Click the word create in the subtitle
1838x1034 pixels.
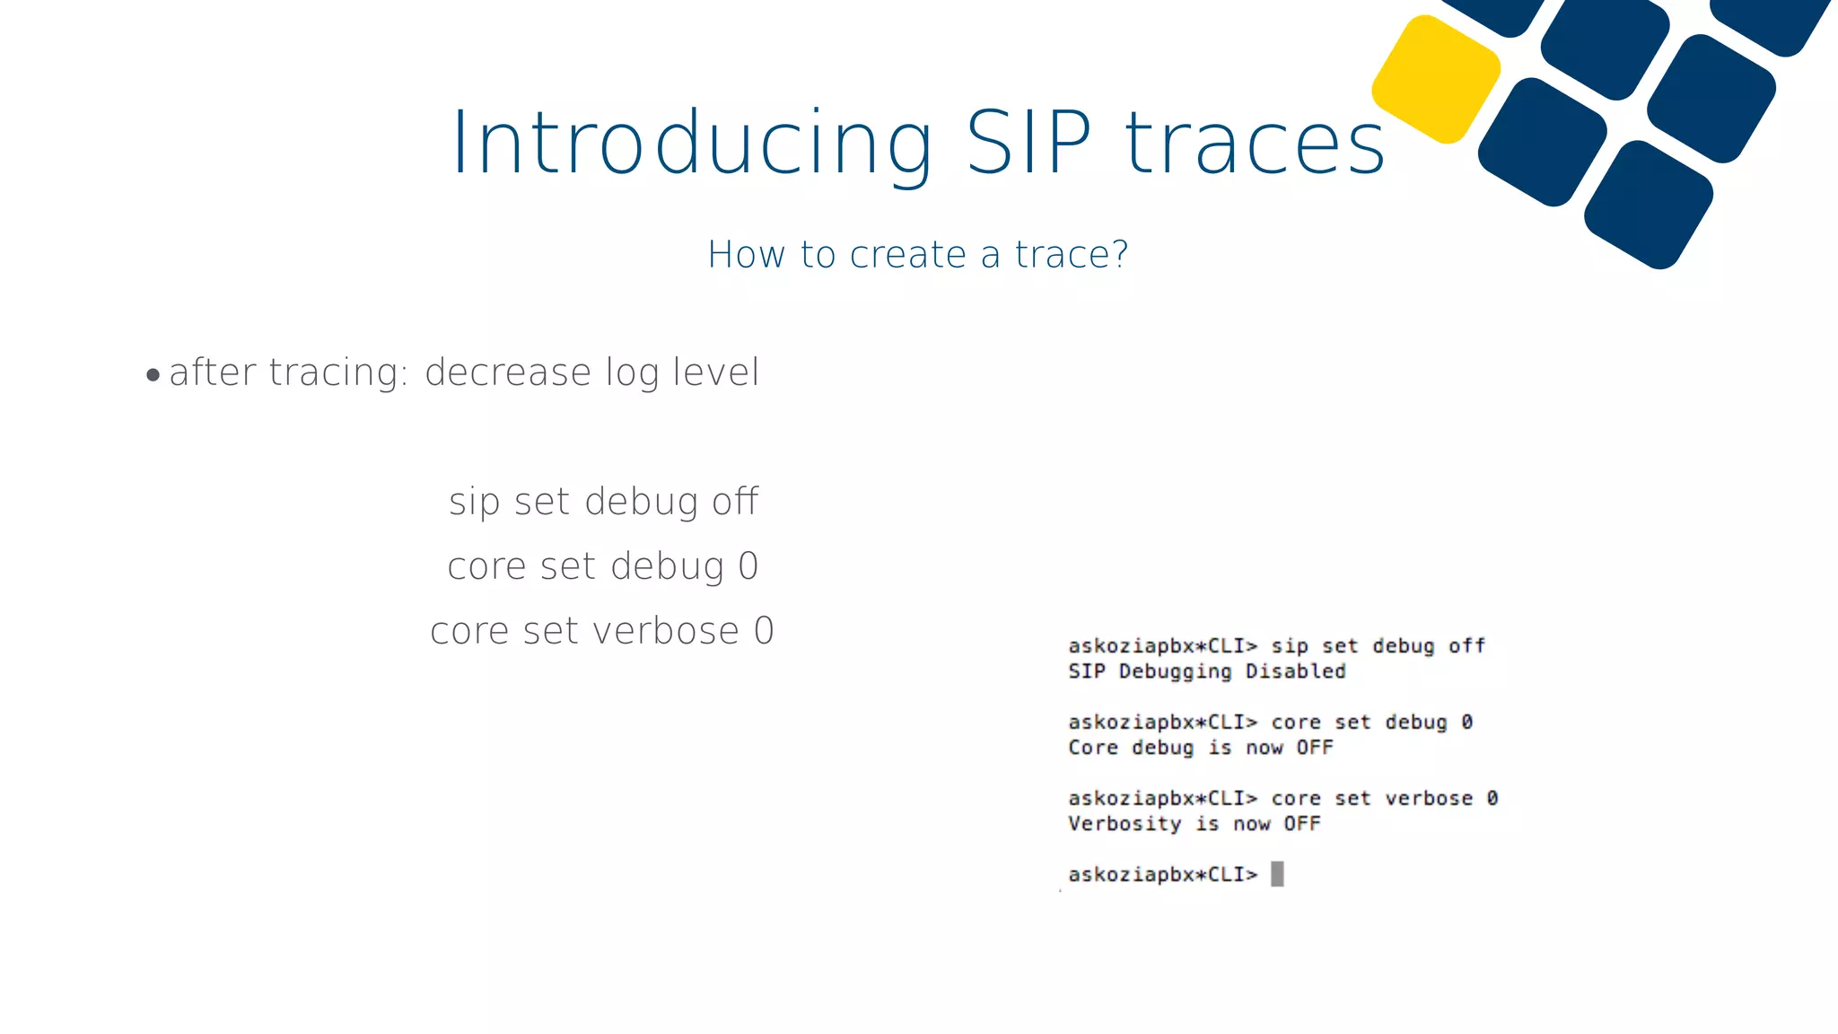point(908,255)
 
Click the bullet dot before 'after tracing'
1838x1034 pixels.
point(153,374)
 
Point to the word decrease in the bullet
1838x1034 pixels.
point(508,372)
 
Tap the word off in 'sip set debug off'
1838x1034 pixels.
point(735,502)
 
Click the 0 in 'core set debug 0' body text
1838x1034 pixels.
point(748,566)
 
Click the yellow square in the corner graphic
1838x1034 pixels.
point(1436,79)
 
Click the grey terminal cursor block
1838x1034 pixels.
point(1277,873)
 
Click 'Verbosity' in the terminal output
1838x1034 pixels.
point(1125,824)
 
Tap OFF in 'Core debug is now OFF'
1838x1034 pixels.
point(1314,748)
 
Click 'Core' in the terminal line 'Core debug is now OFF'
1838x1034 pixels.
point(1093,748)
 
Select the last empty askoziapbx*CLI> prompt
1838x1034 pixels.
point(1162,874)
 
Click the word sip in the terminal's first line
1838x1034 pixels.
point(1290,646)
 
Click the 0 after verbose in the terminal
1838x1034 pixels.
point(1492,798)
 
